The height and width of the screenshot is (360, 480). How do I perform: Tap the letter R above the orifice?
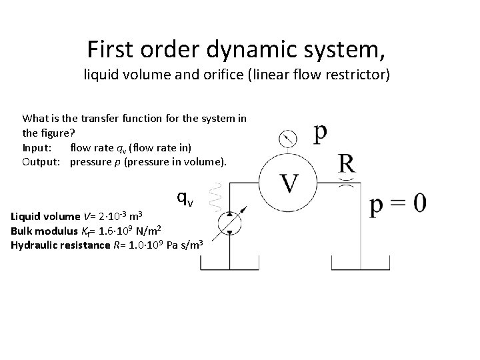click(346, 162)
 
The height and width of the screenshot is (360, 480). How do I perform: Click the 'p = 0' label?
click(397, 203)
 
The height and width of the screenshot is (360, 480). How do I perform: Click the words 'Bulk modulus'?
click(43, 231)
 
